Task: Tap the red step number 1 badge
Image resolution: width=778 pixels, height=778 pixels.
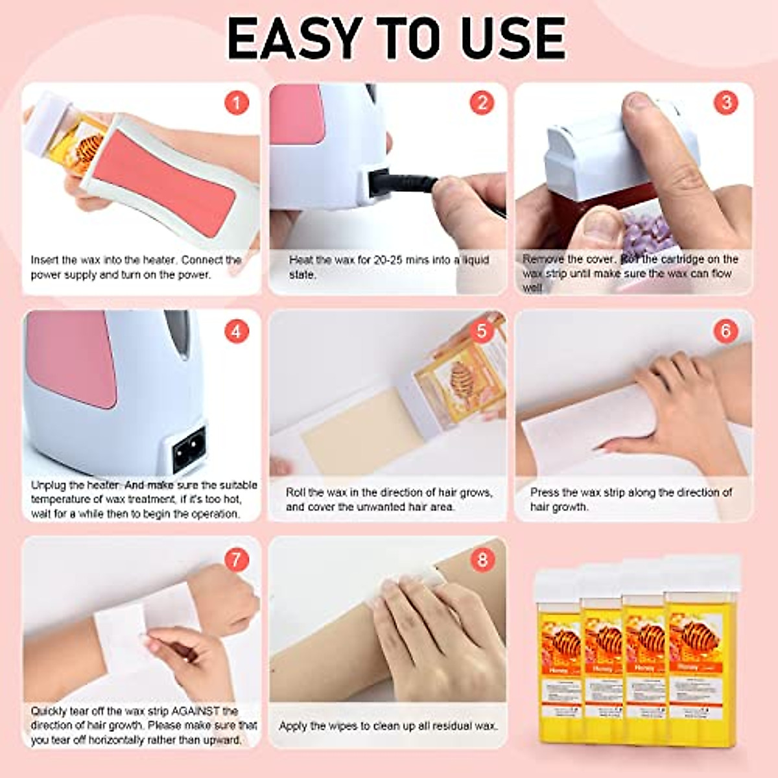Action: [237, 102]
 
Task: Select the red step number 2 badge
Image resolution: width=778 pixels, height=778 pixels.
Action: [481, 102]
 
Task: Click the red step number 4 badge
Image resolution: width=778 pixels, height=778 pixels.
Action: [237, 331]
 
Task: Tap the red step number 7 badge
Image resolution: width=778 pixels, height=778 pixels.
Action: [237, 559]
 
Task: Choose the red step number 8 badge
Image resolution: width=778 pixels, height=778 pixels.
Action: [481, 559]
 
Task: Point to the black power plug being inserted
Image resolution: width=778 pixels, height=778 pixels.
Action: [402, 184]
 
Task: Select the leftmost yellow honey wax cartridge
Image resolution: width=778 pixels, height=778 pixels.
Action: [559, 655]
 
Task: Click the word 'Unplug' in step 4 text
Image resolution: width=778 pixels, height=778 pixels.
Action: [49, 485]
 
